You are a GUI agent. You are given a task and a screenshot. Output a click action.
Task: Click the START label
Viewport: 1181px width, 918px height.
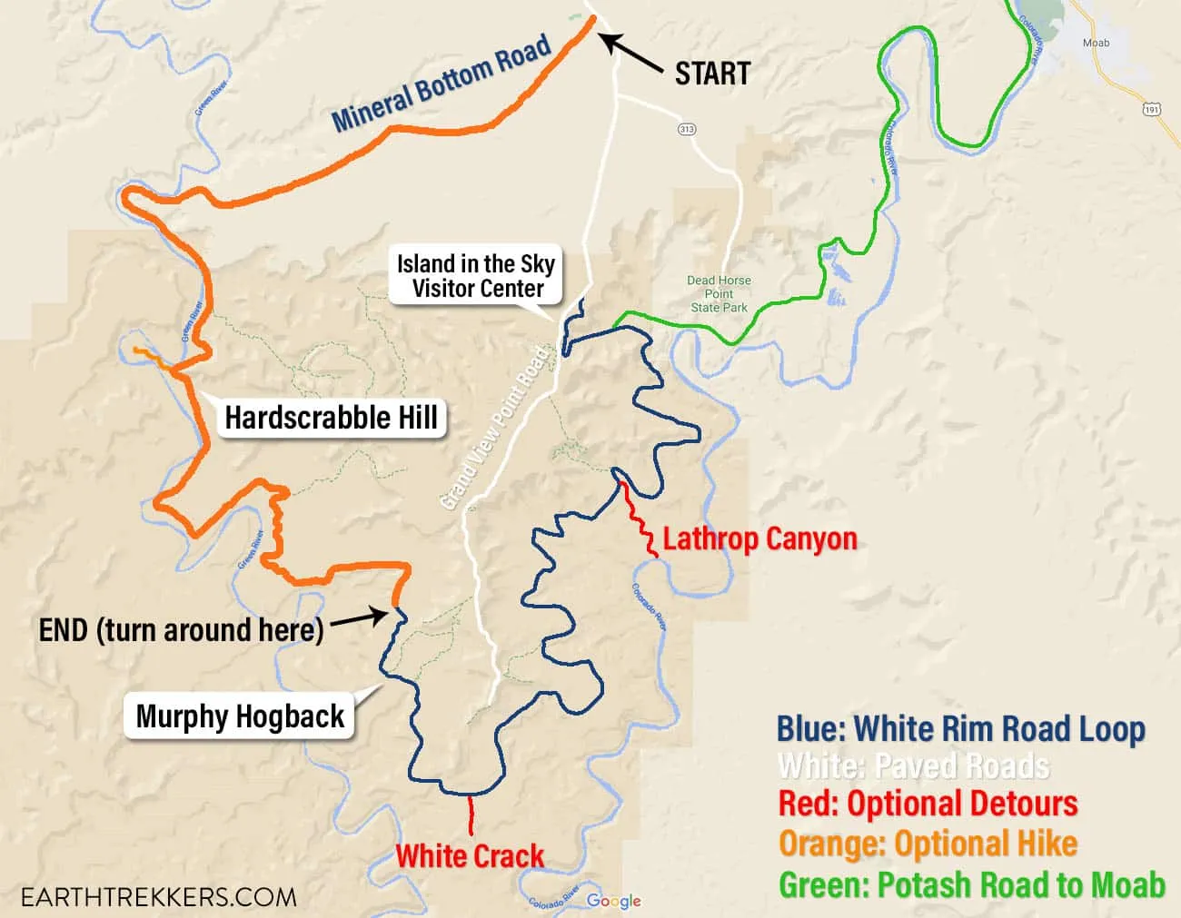click(712, 74)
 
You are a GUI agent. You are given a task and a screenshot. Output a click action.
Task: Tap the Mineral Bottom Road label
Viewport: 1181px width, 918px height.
click(442, 84)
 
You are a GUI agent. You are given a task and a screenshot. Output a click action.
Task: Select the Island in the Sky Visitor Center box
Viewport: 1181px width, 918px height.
click(475, 276)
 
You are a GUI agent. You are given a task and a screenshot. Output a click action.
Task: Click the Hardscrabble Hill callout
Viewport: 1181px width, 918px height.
click(331, 418)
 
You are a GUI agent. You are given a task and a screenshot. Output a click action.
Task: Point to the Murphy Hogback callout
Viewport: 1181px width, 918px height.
click(240, 716)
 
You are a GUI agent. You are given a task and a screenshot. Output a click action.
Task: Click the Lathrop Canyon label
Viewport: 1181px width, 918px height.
click(759, 538)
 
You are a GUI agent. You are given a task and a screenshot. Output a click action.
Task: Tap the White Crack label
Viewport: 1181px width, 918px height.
click(470, 855)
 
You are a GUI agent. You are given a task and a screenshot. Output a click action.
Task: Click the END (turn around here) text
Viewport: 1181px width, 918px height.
click(182, 629)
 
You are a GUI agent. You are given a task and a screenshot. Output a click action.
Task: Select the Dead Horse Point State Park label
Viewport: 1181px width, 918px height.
click(719, 294)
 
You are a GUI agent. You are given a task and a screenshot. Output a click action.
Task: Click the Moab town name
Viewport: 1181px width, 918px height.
click(1096, 43)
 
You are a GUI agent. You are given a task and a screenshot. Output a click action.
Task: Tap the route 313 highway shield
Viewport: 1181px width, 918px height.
click(687, 130)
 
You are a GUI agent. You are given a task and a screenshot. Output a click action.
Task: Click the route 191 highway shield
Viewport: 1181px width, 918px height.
click(1152, 109)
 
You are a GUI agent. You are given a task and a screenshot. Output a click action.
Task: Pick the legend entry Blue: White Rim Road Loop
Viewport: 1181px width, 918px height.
click(960, 728)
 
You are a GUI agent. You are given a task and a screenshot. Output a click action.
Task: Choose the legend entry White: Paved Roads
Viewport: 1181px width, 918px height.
click(913, 766)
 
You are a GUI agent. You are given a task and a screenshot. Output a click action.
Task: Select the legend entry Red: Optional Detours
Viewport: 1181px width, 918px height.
click(928, 804)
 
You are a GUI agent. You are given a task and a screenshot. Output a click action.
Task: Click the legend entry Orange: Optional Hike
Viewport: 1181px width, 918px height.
click(928, 844)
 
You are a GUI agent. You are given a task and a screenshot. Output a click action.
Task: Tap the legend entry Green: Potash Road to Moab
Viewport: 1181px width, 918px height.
click(971, 883)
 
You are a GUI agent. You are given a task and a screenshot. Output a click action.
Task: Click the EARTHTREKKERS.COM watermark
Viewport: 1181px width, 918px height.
click(158, 897)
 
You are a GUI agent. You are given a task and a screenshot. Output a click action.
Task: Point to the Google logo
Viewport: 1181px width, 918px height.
click(614, 901)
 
